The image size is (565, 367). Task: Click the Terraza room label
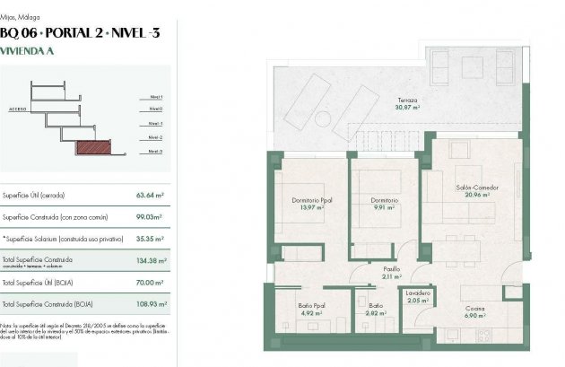coord(409,100)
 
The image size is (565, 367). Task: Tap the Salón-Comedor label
coord(476,188)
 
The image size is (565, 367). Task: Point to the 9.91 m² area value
coord(382,207)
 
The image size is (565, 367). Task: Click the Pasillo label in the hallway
coord(392,269)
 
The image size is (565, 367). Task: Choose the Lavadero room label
coord(418,293)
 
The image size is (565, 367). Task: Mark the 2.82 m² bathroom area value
coord(375,314)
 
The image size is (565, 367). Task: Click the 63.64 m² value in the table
coord(150,195)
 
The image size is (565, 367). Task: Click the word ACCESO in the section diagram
coord(17,106)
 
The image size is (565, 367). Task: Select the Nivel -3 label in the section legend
coord(154,152)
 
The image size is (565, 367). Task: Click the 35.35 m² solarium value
coord(149,239)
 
